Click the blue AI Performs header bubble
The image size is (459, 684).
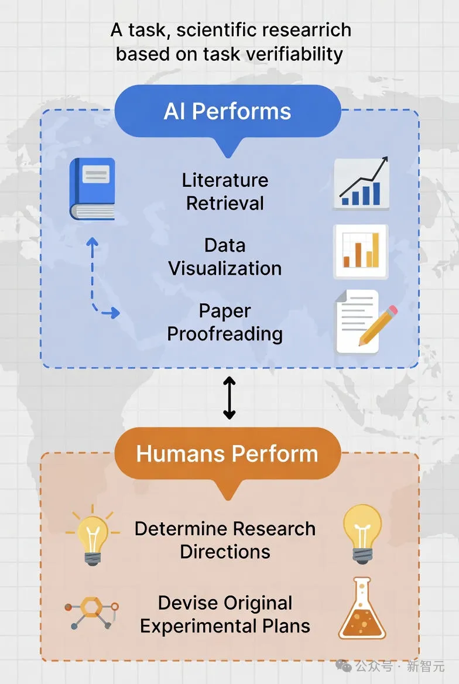(227, 112)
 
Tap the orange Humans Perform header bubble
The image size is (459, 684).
(227, 454)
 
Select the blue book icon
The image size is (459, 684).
(93, 189)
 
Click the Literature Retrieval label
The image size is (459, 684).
(225, 191)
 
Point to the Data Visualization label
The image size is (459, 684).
(225, 257)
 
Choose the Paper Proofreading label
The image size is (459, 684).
(225, 322)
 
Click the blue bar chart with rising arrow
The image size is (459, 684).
(361, 183)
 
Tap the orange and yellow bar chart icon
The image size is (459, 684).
(361, 251)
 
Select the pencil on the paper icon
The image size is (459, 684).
(378, 326)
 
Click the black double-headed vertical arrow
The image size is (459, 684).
(229, 398)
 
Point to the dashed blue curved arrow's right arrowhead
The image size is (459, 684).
(114, 312)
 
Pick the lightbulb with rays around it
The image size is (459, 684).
(93, 535)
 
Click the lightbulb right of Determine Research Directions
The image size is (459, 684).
(362, 534)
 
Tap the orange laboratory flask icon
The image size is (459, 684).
(362, 608)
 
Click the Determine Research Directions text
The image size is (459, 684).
(225, 540)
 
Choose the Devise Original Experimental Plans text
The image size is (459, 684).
(225, 614)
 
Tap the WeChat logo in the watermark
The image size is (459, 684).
(344, 666)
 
